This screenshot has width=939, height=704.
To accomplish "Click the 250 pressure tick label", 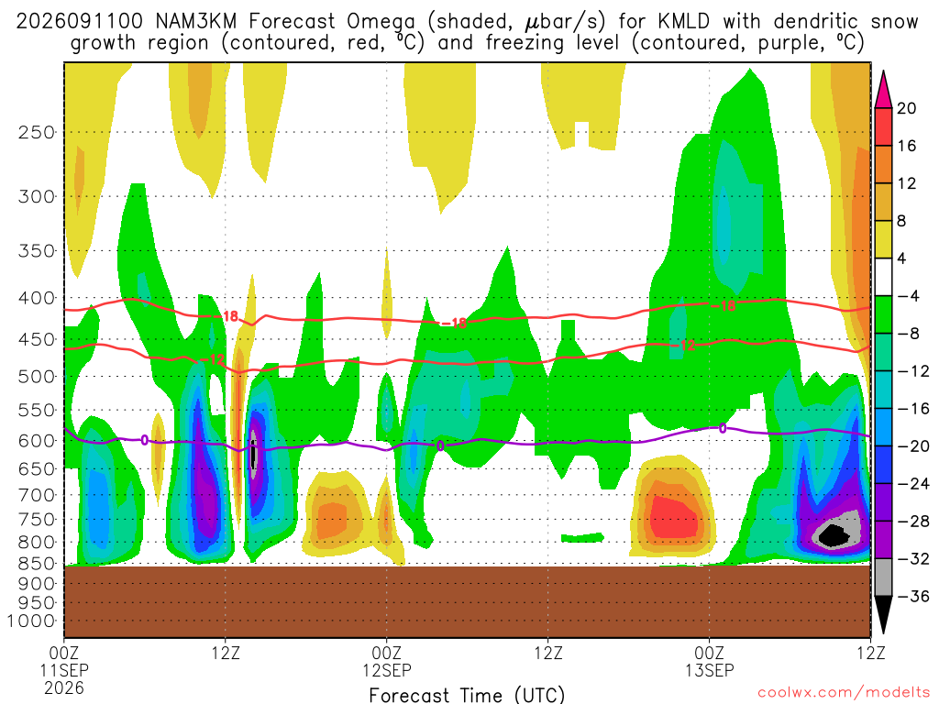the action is click(x=36, y=132).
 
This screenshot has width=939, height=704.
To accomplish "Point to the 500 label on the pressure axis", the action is click(x=36, y=377).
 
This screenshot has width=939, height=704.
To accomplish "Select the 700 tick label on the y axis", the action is click(x=36, y=495).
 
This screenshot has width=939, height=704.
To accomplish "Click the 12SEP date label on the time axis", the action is click(x=387, y=670).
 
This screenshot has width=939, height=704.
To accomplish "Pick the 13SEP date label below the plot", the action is click(x=710, y=670).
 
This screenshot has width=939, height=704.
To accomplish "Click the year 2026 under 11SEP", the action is click(x=64, y=687).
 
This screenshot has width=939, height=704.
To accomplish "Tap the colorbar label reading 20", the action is click(x=906, y=108).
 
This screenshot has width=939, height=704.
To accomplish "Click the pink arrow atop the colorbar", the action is click(x=883, y=90).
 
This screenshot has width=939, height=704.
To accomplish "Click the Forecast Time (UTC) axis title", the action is click(x=467, y=695).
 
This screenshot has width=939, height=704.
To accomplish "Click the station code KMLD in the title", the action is click(x=683, y=22).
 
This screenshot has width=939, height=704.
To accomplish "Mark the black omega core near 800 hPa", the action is click(x=834, y=534).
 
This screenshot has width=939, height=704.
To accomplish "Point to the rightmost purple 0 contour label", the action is click(x=723, y=428).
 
